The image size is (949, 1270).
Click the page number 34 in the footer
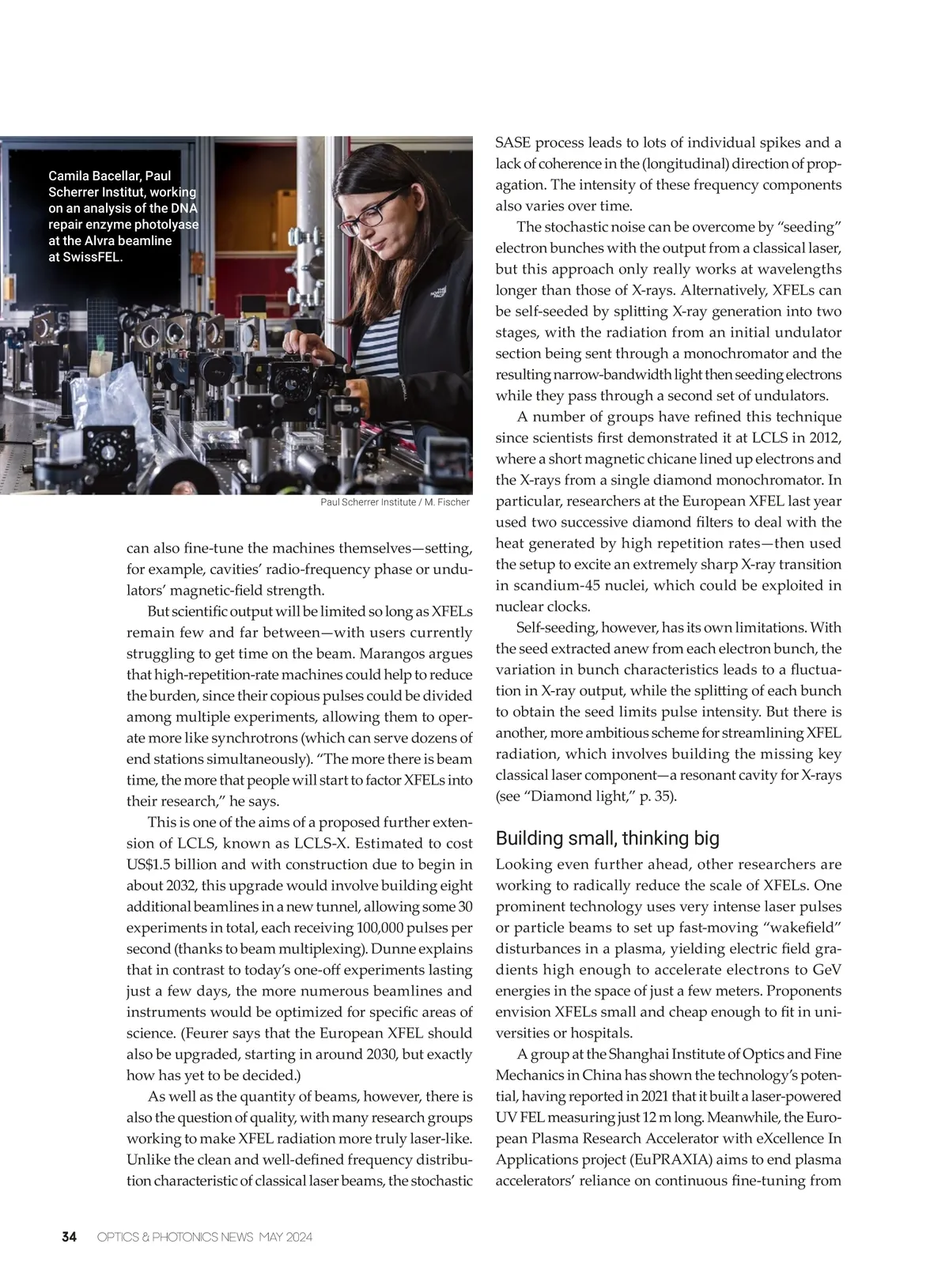click(70, 1237)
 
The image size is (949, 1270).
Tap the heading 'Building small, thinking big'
click(607, 838)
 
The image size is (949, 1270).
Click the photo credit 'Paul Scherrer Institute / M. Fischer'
click(395, 502)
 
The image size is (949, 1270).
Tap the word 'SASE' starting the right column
click(512, 143)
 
